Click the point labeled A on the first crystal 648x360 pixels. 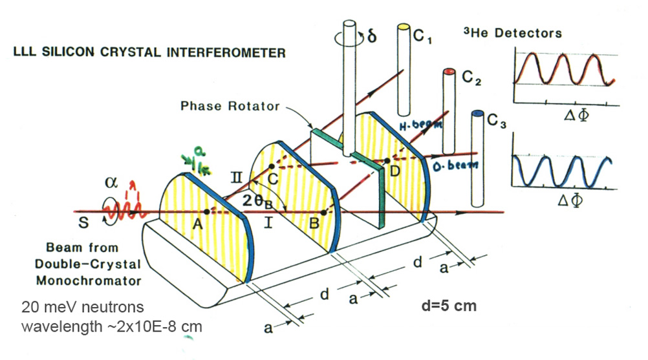(x=206, y=211)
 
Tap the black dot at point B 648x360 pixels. (x=323, y=211)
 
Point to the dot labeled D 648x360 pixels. (x=387, y=160)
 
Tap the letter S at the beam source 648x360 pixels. (x=79, y=224)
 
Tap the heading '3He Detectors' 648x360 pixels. (x=513, y=33)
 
